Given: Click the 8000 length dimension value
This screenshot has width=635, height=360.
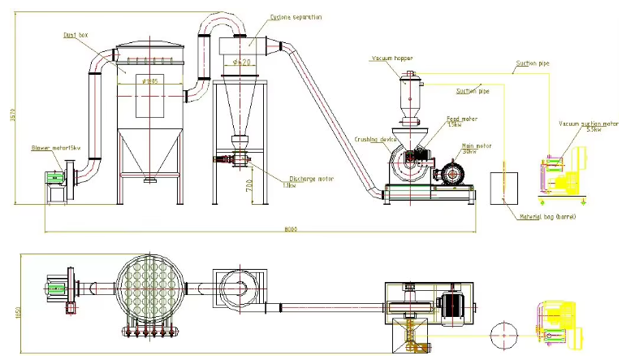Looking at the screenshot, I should [290, 229].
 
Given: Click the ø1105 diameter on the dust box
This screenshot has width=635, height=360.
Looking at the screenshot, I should [151, 80].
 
